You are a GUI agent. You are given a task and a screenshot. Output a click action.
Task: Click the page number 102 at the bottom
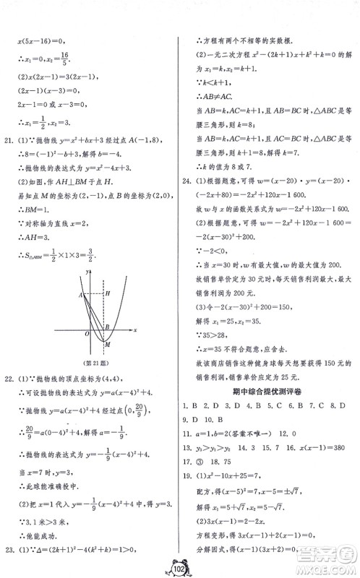[x=180, y=564]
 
